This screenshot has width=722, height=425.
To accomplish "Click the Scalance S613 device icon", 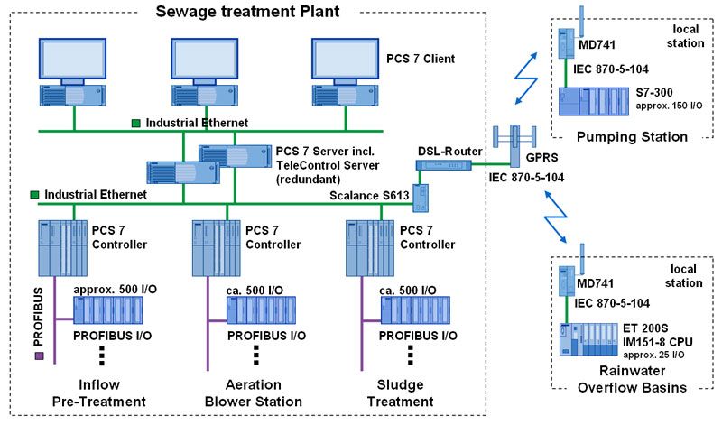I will click(430, 197).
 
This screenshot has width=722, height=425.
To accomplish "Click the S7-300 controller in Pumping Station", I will click(596, 100).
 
